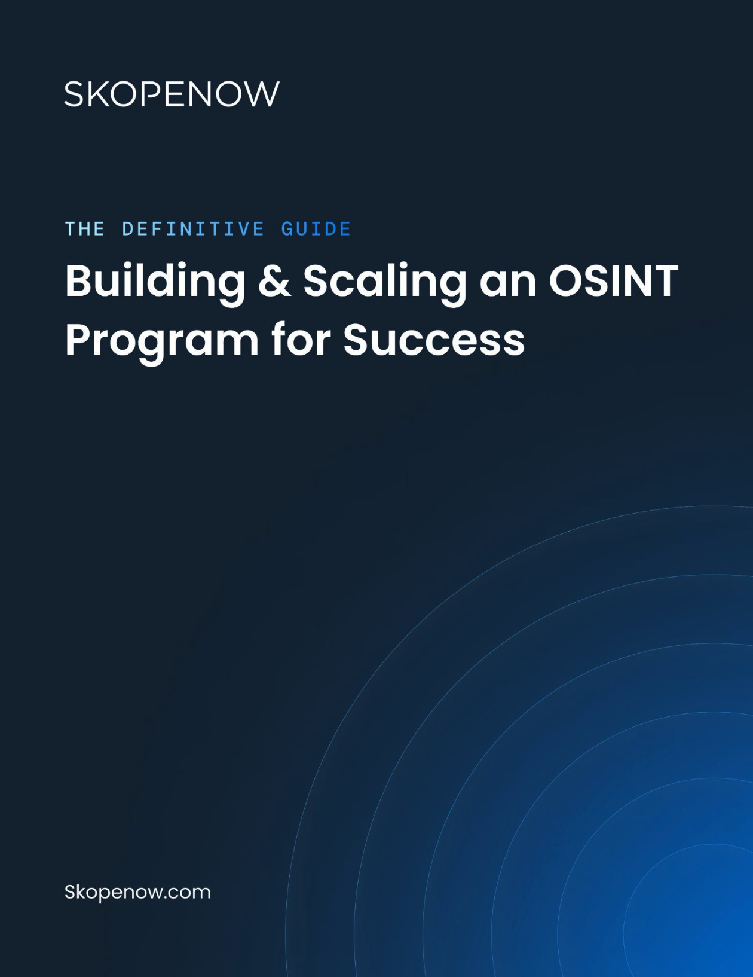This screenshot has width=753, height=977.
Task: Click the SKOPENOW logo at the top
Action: click(x=172, y=94)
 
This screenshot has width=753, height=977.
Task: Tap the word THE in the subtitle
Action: click(x=85, y=229)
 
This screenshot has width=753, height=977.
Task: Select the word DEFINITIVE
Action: click(x=193, y=229)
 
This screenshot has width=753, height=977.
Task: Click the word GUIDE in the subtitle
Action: click(x=316, y=229)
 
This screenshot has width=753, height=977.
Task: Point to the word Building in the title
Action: click(x=155, y=281)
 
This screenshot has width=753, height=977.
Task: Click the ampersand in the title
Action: click(x=274, y=281)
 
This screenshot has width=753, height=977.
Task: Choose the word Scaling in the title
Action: click(x=384, y=281)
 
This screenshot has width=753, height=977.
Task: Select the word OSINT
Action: click(x=613, y=281)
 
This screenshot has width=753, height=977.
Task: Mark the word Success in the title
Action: click(x=434, y=340)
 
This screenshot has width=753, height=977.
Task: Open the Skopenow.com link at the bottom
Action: click(x=137, y=892)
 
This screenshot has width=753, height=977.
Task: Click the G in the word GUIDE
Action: click(x=287, y=229)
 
